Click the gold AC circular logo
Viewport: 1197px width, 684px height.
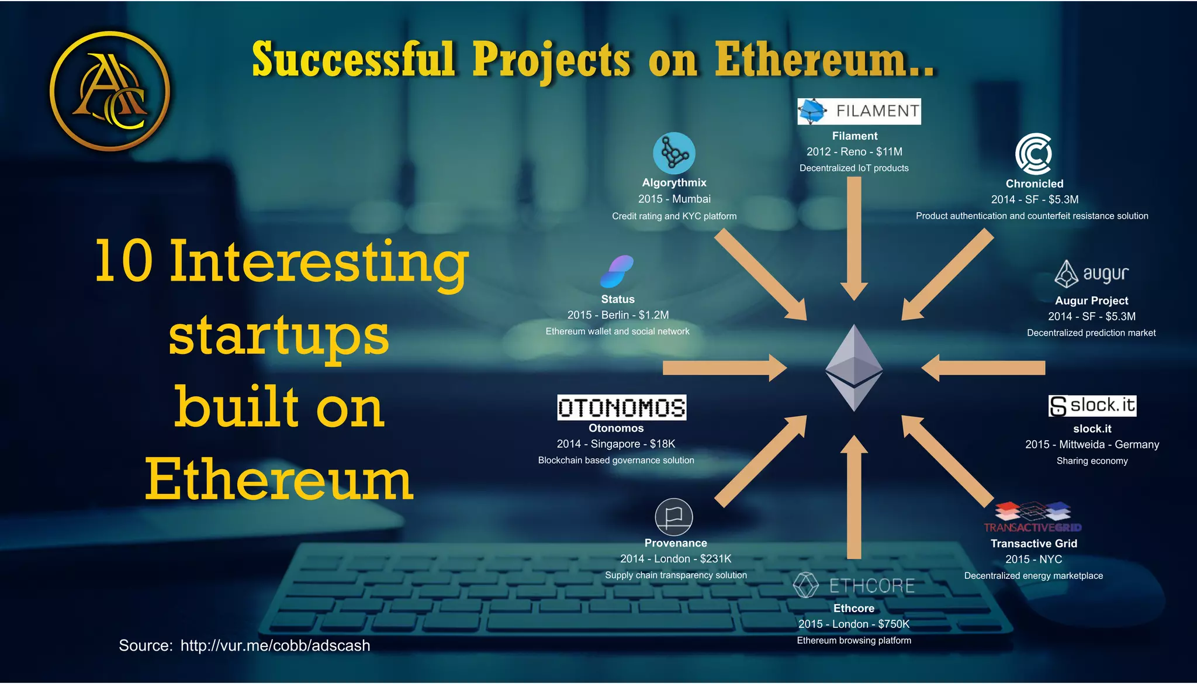coord(109,91)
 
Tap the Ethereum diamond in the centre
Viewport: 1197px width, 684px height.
coord(854,368)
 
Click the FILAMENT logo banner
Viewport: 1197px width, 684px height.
coord(859,111)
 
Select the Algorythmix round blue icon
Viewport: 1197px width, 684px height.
coord(674,153)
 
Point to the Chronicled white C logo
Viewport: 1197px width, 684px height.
coord(1033,154)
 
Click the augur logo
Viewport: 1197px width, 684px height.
coord(1091,274)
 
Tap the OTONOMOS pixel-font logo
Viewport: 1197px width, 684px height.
coord(621,407)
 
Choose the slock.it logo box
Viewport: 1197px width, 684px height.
coord(1092,406)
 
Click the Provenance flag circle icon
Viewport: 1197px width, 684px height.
coord(674,517)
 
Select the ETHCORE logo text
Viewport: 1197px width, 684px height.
coord(871,585)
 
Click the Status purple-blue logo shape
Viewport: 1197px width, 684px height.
coord(617,271)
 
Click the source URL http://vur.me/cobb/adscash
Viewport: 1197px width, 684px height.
coord(275,645)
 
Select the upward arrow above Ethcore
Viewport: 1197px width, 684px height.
coord(854,497)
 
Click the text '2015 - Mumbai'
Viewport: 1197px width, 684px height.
coord(674,199)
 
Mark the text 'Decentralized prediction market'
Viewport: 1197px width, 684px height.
coord(1091,333)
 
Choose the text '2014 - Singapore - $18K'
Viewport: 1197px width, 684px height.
coord(615,444)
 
